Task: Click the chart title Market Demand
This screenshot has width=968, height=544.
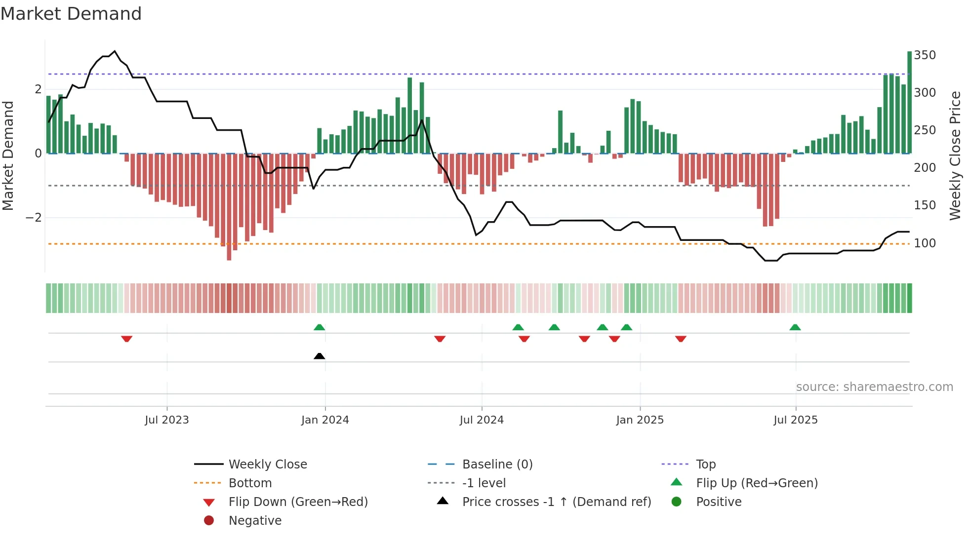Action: [71, 14]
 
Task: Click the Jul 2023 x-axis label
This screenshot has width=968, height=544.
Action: [166, 420]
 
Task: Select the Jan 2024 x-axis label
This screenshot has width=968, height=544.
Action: [325, 420]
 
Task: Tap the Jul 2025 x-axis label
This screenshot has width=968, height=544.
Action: [795, 420]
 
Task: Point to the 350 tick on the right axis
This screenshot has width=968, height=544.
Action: [925, 55]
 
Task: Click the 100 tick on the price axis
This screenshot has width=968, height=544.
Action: [925, 243]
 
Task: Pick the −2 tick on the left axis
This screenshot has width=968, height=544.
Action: [34, 218]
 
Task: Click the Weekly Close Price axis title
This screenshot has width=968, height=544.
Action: [955, 155]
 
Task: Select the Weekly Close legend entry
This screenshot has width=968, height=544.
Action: [267, 465]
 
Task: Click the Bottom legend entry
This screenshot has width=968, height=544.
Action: [250, 483]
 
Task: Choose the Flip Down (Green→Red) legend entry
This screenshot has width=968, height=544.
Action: [298, 502]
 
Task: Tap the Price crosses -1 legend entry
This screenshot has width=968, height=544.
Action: [556, 502]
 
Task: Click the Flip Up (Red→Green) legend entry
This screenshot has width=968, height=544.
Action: [757, 483]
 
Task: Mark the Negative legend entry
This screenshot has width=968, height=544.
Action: [255, 521]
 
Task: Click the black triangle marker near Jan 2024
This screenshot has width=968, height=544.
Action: [320, 356]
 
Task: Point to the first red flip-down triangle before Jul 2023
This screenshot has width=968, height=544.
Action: [126, 339]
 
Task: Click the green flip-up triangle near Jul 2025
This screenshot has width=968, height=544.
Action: [795, 327]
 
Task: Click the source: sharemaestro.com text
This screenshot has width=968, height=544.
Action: [874, 387]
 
